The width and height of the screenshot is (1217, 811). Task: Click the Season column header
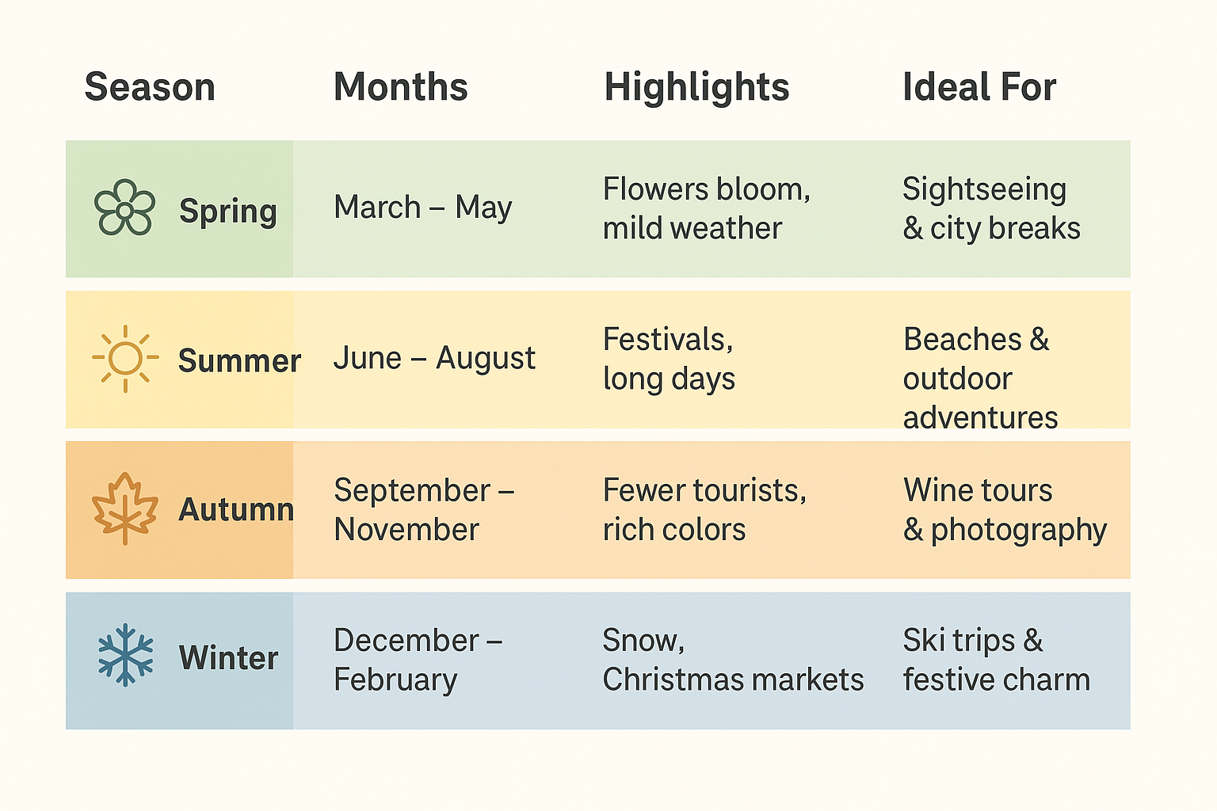[150, 87]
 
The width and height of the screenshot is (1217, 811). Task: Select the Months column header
[400, 87]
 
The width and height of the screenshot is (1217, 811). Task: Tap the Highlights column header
[696, 87]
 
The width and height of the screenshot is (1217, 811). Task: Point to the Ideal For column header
[979, 87]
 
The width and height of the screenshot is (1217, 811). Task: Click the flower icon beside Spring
[124, 208]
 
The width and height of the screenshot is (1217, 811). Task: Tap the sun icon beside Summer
[125, 358]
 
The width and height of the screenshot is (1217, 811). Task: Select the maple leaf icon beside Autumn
[125, 508]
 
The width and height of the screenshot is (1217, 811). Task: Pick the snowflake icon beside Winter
[125, 655]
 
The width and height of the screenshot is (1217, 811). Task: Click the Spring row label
[228, 211]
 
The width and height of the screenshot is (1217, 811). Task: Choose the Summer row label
[239, 361]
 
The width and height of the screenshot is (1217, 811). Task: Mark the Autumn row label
[236, 510]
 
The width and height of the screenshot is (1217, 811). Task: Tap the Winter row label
[228, 658]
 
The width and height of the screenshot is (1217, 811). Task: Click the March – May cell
[422, 208]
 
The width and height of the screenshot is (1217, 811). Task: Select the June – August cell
[434, 358]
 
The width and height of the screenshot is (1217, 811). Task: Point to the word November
[406, 530]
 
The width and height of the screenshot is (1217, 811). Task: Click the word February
[395, 680]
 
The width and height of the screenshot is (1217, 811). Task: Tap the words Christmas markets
[733, 680]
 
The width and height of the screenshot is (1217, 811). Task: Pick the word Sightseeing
[984, 190]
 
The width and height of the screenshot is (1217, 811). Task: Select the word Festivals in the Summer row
[668, 340]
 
